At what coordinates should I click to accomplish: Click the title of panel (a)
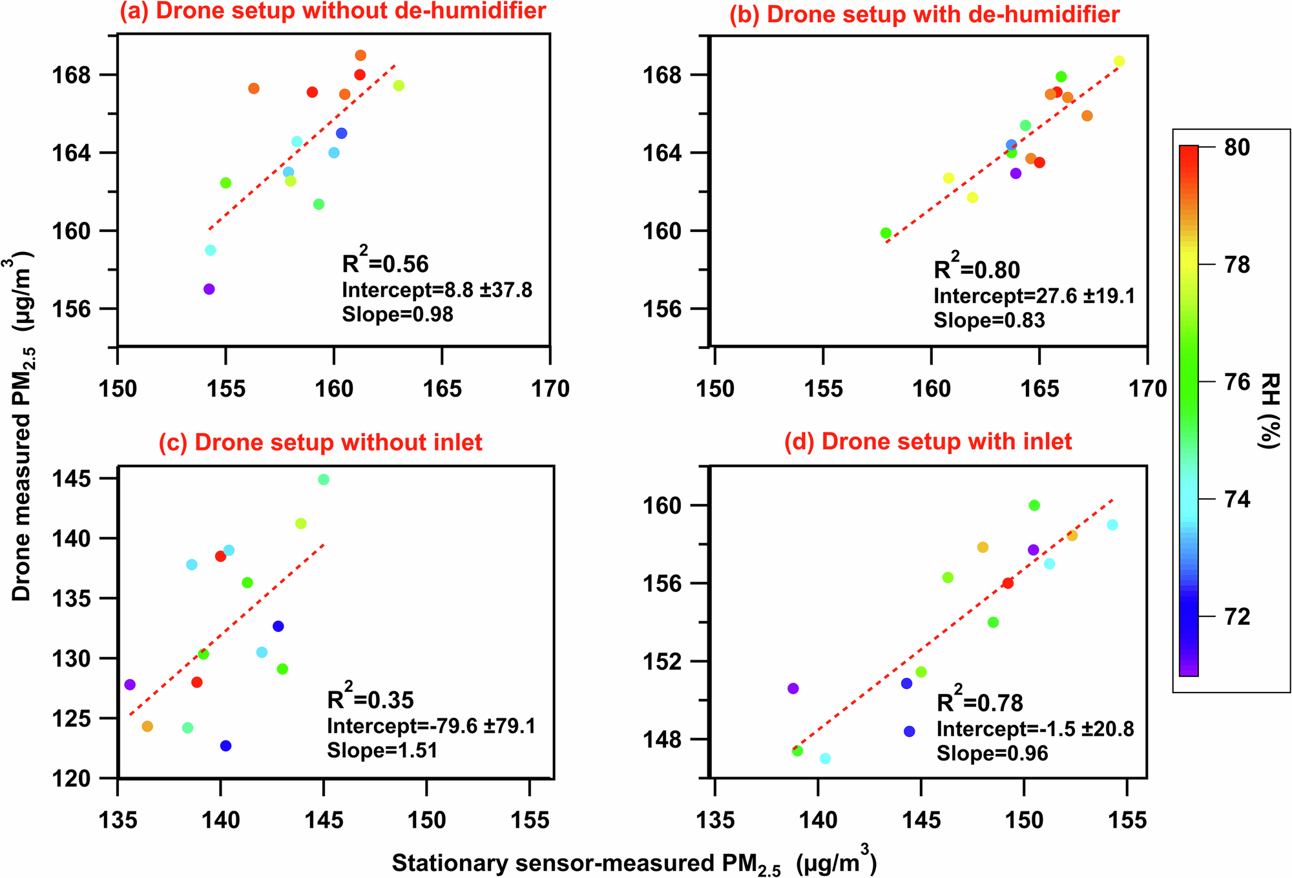[x=333, y=12]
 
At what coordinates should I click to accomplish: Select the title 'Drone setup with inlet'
[x=928, y=441]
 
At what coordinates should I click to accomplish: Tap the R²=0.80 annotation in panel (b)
[x=977, y=269]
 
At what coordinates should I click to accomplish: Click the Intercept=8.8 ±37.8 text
[x=437, y=290]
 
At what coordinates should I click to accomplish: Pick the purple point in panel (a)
[x=209, y=289]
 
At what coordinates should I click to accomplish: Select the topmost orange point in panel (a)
[x=360, y=56]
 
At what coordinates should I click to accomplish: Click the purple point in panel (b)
[x=1016, y=173]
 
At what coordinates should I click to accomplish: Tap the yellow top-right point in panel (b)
[x=1119, y=61]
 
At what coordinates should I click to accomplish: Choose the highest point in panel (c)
[x=324, y=479]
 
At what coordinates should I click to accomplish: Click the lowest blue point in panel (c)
[x=225, y=746]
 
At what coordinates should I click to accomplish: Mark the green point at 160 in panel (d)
[x=1034, y=505]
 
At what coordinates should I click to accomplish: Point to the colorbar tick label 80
[x=1236, y=148]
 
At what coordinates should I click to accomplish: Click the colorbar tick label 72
[x=1236, y=617]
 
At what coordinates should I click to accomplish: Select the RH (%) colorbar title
[x=1269, y=410]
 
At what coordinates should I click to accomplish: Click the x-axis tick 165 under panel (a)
[x=442, y=389]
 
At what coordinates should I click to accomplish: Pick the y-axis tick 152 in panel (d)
[x=665, y=662]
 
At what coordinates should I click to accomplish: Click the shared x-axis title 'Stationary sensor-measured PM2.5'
[x=634, y=863]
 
